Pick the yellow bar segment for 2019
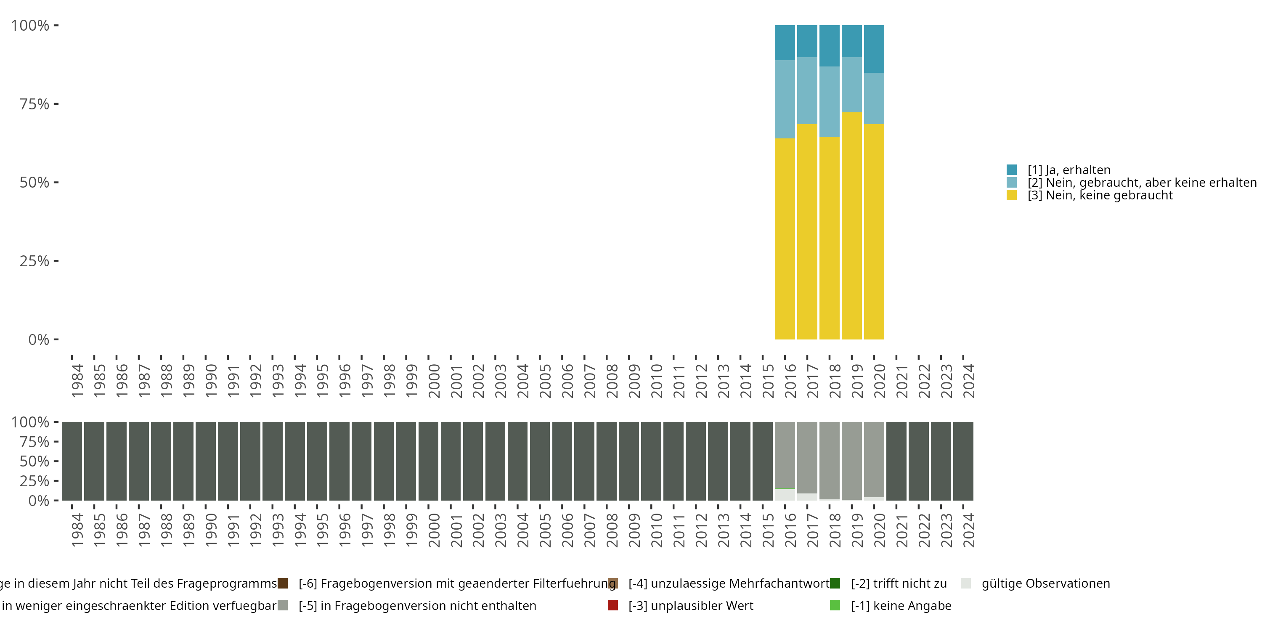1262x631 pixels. click(x=851, y=225)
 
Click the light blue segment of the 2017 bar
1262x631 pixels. click(x=807, y=90)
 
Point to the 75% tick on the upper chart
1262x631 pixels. click(x=56, y=104)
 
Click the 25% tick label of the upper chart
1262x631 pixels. click(x=34, y=261)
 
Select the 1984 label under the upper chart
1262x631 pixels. click(x=77, y=381)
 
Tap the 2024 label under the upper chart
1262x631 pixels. click(x=968, y=381)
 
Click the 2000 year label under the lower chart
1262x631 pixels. click(x=434, y=530)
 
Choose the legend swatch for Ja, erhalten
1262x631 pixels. click(x=1011, y=170)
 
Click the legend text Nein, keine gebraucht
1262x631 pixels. click(x=1100, y=196)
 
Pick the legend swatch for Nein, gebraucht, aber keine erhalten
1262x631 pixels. click(x=1011, y=183)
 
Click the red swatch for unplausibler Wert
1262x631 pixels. click(x=612, y=605)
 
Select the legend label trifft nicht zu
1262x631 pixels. click(x=899, y=583)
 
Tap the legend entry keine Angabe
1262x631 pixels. click(x=901, y=605)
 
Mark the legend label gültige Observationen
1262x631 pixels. click(x=1045, y=583)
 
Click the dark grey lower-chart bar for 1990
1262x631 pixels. click(x=205, y=461)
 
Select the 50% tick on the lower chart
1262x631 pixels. click(x=56, y=461)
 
